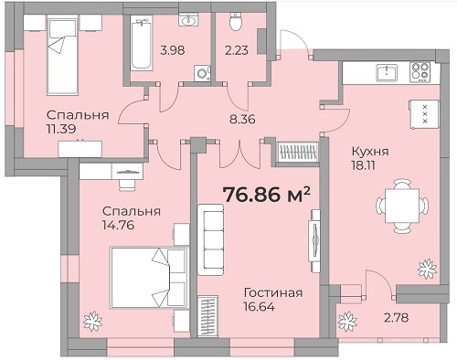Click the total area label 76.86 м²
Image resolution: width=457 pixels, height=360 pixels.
click(267, 195)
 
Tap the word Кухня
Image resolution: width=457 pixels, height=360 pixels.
click(370, 152)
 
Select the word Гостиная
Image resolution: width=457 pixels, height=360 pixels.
click(273, 293)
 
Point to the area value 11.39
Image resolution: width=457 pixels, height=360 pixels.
click(61, 129)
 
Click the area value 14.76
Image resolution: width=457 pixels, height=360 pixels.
click(119, 226)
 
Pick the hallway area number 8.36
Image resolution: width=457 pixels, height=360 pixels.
click(242, 119)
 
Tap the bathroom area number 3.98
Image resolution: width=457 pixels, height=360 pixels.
click(173, 50)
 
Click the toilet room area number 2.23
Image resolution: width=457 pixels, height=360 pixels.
click(237, 50)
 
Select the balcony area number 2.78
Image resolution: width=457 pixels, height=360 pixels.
click(396, 318)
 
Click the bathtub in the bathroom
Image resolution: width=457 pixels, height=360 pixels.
click(142, 43)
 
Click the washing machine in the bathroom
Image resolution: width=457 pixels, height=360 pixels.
click(202, 74)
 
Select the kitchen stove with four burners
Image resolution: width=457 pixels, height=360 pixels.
click(420, 72)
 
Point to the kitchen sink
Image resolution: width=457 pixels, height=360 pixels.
click(387, 73)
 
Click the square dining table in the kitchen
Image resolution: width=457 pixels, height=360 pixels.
click(402, 206)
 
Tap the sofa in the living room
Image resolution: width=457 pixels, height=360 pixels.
click(210, 239)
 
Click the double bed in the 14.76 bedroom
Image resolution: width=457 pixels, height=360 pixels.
click(150, 278)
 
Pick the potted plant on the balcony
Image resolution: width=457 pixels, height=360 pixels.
click(347, 322)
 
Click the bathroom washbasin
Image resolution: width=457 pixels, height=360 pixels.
click(189, 21)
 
